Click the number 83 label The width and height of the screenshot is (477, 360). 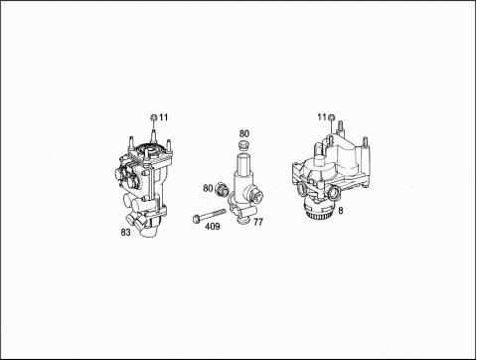[125, 233]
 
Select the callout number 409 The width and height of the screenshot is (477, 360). [213, 227]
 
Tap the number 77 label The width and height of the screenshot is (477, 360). [258, 222]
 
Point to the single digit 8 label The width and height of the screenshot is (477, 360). [341, 211]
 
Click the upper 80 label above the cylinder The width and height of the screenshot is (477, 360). [244, 134]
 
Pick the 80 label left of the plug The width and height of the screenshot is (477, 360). [208, 188]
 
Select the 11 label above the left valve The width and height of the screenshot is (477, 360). [163, 117]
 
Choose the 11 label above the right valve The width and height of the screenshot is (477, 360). [322, 117]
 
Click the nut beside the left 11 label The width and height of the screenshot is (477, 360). [154, 117]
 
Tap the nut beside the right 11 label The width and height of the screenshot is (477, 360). [331, 117]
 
